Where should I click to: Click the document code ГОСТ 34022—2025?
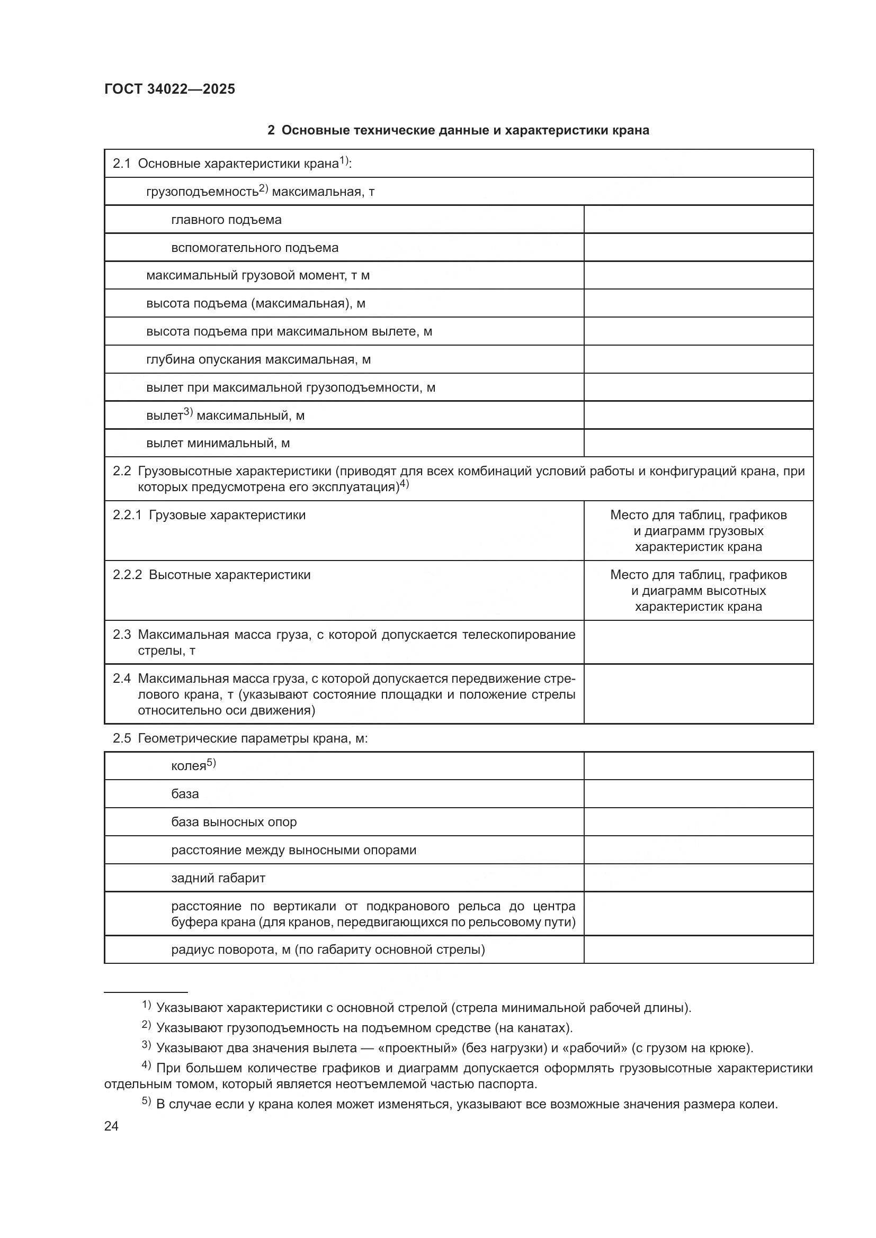(x=169, y=89)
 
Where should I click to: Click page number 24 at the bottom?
(x=111, y=1126)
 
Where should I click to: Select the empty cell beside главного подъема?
(x=698, y=220)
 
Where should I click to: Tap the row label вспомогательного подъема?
(x=255, y=248)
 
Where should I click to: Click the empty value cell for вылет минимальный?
(x=698, y=443)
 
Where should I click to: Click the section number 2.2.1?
(x=127, y=515)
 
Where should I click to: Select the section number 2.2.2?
(x=127, y=575)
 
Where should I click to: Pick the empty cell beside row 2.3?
(x=698, y=642)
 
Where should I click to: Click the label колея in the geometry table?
(x=188, y=766)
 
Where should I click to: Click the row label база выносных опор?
(x=234, y=822)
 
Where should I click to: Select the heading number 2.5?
(x=121, y=738)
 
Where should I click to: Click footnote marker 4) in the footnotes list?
(x=146, y=1065)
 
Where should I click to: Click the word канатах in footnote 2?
(x=539, y=1028)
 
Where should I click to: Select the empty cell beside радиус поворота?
(x=698, y=949)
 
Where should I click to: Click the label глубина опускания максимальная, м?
(x=258, y=359)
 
